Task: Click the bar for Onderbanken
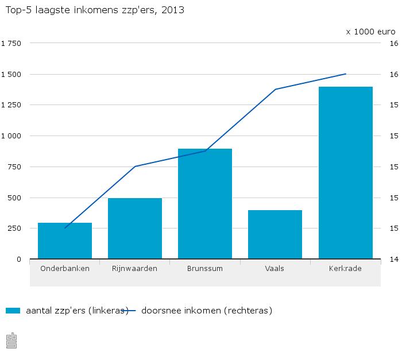(x=65, y=241)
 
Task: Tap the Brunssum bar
(x=205, y=204)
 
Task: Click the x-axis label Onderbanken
(x=65, y=268)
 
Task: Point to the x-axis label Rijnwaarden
(x=135, y=268)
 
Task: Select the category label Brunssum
(x=205, y=268)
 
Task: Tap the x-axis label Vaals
(x=275, y=268)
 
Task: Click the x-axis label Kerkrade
(x=346, y=268)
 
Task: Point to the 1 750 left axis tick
(x=11, y=44)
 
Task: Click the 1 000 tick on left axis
(x=11, y=136)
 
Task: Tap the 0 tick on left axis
(x=19, y=260)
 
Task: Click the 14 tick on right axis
(x=394, y=260)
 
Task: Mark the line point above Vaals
(x=275, y=90)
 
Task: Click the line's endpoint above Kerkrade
(x=346, y=74)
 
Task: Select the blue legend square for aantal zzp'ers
(x=13, y=311)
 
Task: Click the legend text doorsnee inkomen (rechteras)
(x=206, y=311)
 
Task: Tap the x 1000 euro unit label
(x=370, y=32)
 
